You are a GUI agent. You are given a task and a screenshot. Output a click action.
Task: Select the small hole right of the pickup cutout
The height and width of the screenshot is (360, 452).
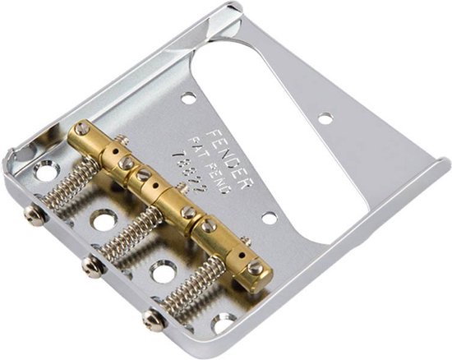[325, 118]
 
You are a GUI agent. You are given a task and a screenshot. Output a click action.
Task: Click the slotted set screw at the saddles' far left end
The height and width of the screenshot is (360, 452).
[82, 130]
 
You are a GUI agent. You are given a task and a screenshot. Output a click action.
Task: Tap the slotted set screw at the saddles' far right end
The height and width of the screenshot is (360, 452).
[257, 267]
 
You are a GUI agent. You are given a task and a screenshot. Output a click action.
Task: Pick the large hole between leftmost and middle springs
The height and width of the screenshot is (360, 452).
[103, 221]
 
